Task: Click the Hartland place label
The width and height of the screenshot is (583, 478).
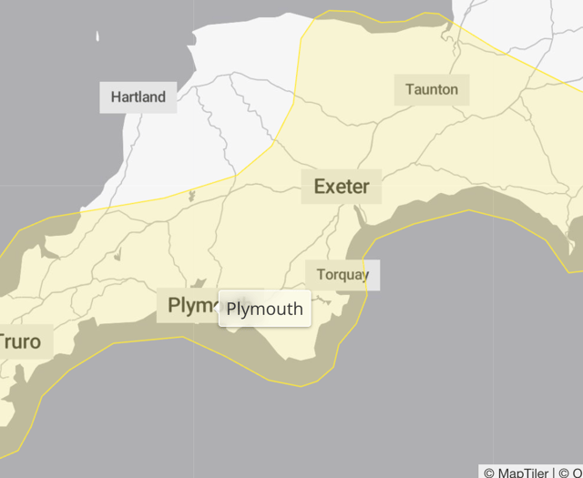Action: pos(138,97)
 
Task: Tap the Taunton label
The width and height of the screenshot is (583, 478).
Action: pos(432,89)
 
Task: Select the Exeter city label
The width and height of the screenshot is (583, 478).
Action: pos(342,187)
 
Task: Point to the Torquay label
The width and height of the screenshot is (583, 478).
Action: pos(343,275)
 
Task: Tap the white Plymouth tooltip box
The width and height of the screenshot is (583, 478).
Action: pos(264,309)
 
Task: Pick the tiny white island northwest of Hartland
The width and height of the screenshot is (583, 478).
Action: pos(97,37)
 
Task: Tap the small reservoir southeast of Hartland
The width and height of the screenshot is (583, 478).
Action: pos(191,195)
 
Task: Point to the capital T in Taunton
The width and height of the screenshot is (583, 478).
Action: pos(409,89)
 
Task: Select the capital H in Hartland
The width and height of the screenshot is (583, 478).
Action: pos(116,97)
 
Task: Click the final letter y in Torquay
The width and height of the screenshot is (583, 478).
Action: pos(365,276)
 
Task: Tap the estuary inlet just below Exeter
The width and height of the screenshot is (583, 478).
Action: pos(360,217)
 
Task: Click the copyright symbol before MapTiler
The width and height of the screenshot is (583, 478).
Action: pos(489,472)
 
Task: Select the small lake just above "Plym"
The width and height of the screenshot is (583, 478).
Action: pos(201,283)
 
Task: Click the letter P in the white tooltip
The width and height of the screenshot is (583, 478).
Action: pos(231,309)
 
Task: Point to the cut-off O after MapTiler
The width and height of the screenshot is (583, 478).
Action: pos(578,472)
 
